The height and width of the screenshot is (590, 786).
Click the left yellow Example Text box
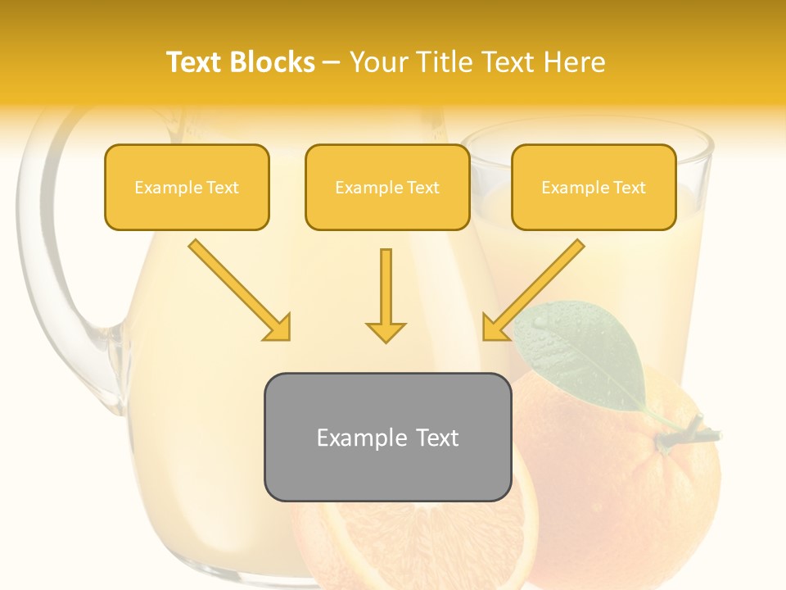(x=187, y=187)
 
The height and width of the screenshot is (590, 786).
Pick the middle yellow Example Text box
(x=387, y=187)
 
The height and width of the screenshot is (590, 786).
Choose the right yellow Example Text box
(x=594, y=187)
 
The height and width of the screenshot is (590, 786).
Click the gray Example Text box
(x=387, y=437)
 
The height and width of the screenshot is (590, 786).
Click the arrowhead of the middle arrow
(x=386, y=331)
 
